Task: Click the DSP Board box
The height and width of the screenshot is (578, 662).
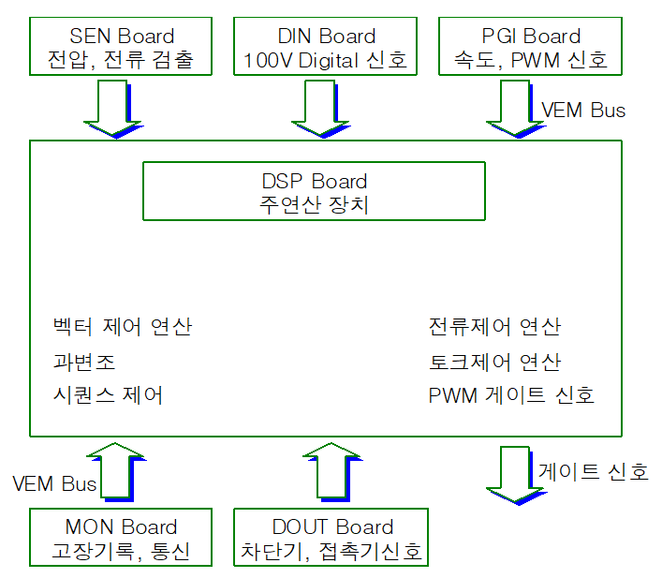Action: [x=314, y=192]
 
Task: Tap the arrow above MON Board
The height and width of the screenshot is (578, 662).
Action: [x=115, y=473]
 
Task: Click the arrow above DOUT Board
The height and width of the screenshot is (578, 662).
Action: [x=331, y=473]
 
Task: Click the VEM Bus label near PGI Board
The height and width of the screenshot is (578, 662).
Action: [x=583, y=110]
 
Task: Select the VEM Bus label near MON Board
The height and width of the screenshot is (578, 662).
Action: [x=54, y=484]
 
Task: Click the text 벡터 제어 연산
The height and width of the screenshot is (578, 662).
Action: [x=123, y=327]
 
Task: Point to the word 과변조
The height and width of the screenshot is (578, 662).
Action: [x=85, y=362]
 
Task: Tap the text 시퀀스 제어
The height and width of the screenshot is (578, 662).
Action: [x=109, y=395]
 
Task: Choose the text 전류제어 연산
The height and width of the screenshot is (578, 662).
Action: [x=493, y=327]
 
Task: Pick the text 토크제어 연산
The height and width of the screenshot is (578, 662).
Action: [x=493, y=362]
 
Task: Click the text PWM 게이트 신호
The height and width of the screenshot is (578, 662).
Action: [x=511, y=395]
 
